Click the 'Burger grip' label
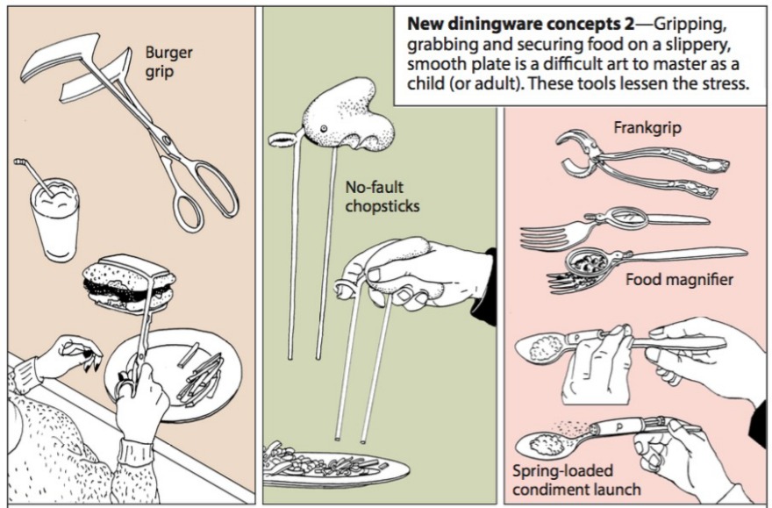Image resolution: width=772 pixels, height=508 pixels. click(x=168, y=61)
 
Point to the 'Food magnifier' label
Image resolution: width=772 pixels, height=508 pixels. click(x=681, y=281)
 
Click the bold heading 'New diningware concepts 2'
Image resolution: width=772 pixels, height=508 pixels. click(x=499, y=26)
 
